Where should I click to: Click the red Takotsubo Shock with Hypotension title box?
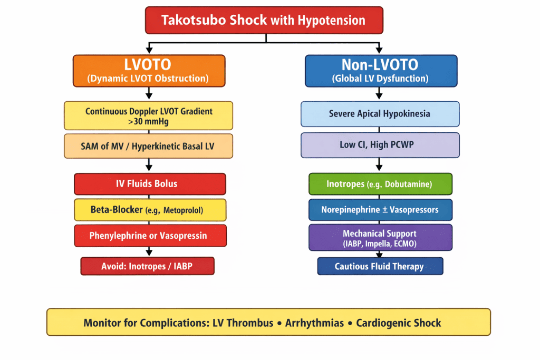pos(264,21)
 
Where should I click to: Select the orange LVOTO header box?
pos(148,71)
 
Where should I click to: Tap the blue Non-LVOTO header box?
pos(380,71)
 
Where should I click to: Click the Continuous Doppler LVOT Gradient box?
pos(148,115)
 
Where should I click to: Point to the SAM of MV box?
pos(148,146)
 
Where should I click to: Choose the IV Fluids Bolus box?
pos(150,184)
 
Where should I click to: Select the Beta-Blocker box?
pos(150,210)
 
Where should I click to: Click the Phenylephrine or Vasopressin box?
pos(150,235)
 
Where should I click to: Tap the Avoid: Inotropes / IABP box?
pos(147,266)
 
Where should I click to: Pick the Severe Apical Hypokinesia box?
pos(380,114)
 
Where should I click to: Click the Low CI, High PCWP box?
pos(380,145)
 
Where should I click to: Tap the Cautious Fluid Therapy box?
pos(380,266)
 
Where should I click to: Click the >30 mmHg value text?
pos(149,121)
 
